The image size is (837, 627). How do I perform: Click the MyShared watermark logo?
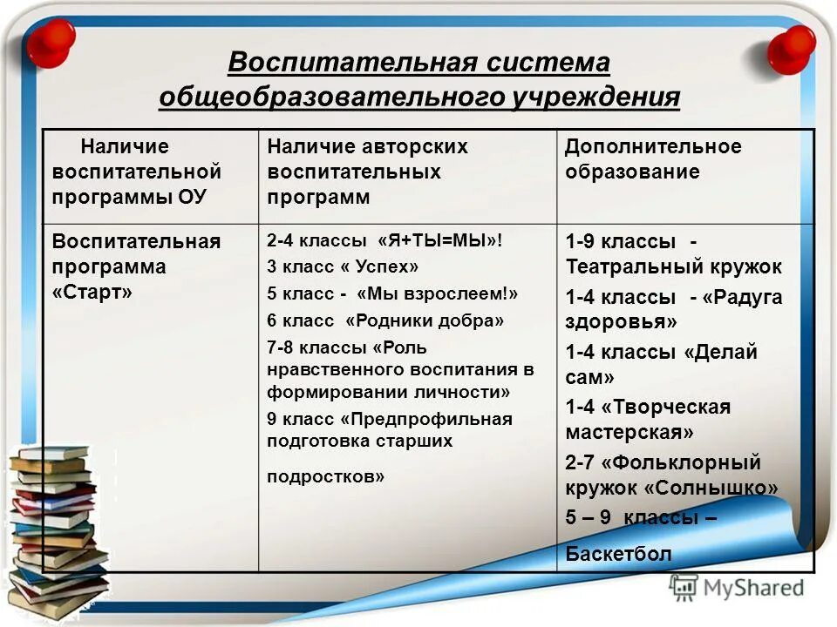[x=738, y=588]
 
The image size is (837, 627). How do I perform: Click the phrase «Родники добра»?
[x=425, y=320]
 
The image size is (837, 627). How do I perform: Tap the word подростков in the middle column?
[x=325, y=476]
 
